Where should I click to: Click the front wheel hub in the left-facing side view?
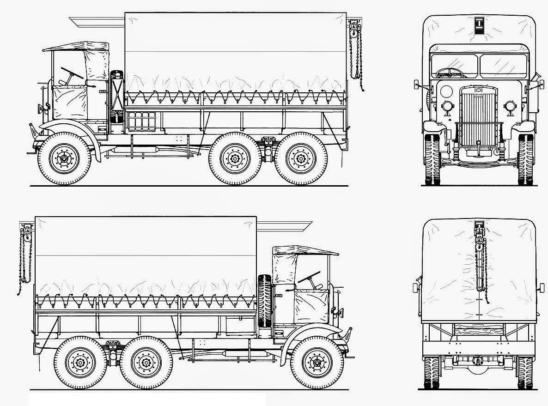click(64, 158)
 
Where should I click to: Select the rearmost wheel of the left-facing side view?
click(301, 158)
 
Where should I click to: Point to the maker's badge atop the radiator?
click(478, 89)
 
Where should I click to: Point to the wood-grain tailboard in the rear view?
click(478, 329)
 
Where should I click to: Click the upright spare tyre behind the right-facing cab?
click(265, 301)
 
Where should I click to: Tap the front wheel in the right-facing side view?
click(317, 362)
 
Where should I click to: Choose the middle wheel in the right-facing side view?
click(146, 362)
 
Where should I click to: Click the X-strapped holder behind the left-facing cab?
click(117, 97)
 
